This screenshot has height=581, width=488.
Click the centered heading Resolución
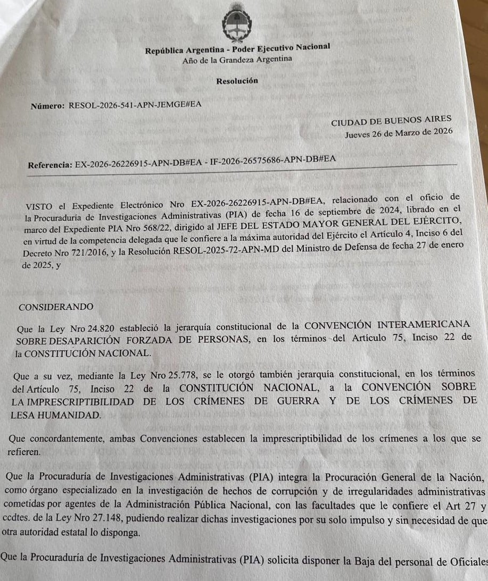[237, 81]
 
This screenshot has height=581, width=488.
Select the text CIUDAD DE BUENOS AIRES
[391, 122]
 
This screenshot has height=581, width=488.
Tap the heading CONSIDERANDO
[56, 307]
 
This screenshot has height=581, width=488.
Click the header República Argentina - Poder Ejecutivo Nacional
[237, 49]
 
